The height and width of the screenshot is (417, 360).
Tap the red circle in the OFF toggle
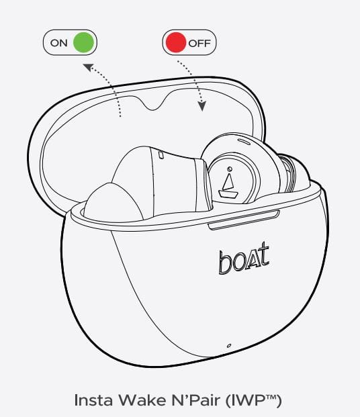tap(174, 43)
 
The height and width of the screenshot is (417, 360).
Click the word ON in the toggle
tap(58, 43)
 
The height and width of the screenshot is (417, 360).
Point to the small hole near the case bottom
tap(229, 345)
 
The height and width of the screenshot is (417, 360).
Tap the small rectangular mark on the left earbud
tap(161, 155)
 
